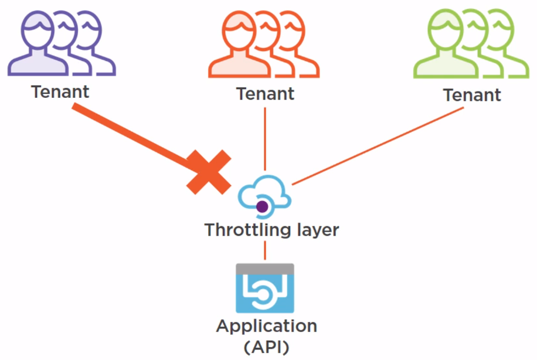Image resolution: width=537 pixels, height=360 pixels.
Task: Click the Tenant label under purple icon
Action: tap(60, 92)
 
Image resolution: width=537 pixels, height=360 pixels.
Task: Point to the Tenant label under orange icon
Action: tap(265, 93)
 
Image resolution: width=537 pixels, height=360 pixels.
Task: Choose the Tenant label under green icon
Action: tap(472, 95)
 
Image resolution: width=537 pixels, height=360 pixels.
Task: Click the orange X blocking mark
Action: tap(209, 171)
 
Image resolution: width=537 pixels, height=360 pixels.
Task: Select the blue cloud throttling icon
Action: tap(264, 194)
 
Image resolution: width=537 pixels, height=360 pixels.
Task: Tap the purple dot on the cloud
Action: tap(262, 206)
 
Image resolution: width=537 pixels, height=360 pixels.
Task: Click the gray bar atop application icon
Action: tap(264, 269)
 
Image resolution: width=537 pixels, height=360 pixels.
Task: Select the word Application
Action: tap(267, 326)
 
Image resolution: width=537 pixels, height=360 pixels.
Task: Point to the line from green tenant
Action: tap(375, 147)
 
